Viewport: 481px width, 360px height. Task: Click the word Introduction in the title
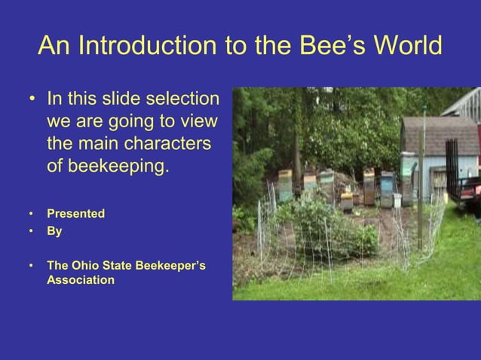point(152,47)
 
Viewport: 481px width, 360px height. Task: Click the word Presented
point(75,214)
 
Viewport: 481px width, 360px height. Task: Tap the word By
point(54,231)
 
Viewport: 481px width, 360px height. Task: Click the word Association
point(81,280)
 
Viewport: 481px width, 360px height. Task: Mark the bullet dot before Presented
point(31,214)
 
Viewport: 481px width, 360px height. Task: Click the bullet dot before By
point(31,231)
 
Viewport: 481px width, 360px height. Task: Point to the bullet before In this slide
point(32,100)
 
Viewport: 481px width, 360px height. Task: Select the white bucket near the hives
point(397,200)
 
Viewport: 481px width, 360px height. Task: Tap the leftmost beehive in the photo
point(286,185)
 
